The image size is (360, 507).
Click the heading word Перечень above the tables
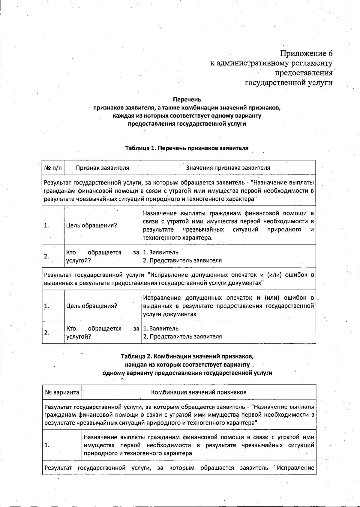click(x=187, y=99)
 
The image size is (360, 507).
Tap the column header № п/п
click(x=53, y=168)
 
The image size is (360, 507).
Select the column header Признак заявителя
click(x=102, y=168)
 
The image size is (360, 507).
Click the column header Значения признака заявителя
click(x=228, y=168)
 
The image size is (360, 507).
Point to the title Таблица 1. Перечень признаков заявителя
click(x=187, y=148)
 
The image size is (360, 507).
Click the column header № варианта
click(x=62, y=392)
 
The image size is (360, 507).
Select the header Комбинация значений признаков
click(x=199, y=392)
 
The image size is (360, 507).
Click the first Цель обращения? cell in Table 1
click(x=91, y=225)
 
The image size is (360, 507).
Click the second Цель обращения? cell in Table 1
click(x=91, y=306)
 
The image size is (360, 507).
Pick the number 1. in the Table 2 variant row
click(x=47, y=445)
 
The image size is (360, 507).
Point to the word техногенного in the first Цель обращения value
click(x=162, y=238)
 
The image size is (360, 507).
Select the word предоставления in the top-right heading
click(x=304, y=73)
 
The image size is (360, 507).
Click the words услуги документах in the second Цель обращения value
click(x=169, y=314)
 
